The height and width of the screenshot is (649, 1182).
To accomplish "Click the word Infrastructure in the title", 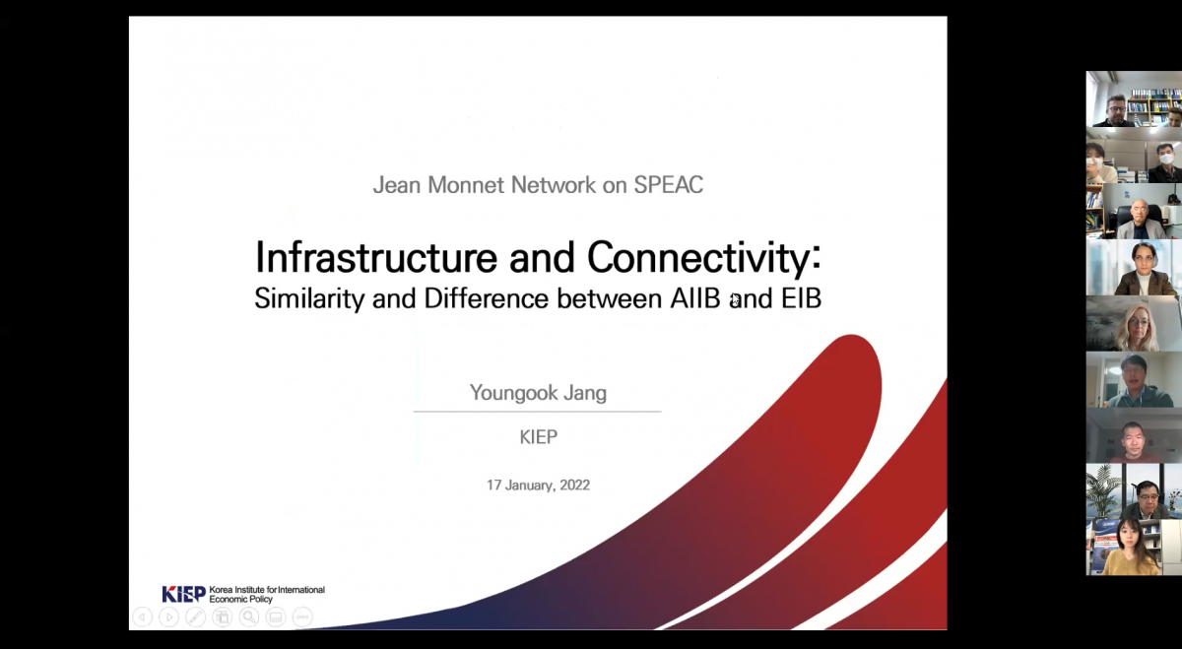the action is tap(375, 257).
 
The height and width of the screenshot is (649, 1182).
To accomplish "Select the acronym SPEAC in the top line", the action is tap(668, 185).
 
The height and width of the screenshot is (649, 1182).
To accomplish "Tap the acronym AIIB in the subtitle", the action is tap(695, 298).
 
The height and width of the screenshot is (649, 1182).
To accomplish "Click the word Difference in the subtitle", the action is tap(486, 298).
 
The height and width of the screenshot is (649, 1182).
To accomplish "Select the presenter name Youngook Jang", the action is tap(538, 393).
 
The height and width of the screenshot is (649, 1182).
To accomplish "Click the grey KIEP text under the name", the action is tap(538, 437).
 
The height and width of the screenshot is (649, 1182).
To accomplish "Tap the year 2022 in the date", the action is tap(574, 485).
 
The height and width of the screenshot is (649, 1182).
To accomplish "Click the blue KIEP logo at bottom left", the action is tap(183, 594).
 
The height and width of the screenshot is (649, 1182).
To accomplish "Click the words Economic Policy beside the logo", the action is tap(240, 599).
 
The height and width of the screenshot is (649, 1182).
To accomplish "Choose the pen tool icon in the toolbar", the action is tap(195, 617).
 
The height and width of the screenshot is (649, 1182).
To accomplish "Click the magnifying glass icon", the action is tap(249, 617).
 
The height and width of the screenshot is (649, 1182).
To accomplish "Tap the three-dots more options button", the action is tap(302, 617).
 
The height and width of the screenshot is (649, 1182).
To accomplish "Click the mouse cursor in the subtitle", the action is tap(735, 299).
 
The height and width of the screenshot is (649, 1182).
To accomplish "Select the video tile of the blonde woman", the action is tap(1134, 323).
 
